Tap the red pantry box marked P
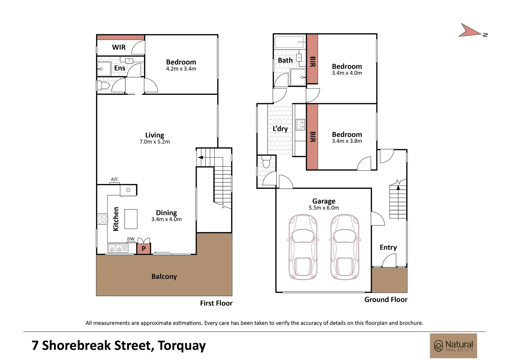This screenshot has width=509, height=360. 143,248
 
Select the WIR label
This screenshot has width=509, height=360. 119,47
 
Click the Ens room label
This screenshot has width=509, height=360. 120,68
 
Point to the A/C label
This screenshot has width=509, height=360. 115,179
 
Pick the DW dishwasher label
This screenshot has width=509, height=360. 131,239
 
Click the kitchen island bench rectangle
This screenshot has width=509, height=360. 131,219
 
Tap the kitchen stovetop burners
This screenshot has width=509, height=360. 102,219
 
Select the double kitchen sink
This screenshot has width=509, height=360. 118,248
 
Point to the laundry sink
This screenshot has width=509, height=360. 300,125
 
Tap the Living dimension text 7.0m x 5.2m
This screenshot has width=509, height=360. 155,142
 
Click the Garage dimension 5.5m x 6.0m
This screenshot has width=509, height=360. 324,208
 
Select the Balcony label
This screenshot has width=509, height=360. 164,277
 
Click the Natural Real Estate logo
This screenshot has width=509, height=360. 453,345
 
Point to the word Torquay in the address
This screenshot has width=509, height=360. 182,346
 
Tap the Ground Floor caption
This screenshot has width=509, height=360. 386,300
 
